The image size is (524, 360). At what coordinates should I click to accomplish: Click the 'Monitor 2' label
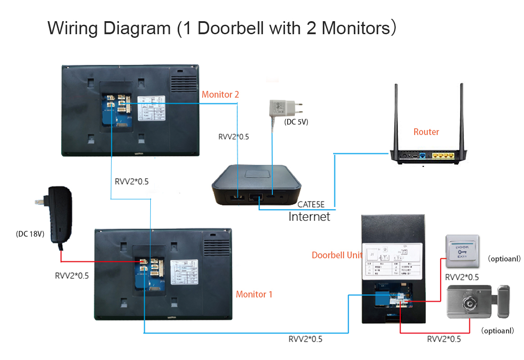220,94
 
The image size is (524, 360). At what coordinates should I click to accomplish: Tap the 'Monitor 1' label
254,294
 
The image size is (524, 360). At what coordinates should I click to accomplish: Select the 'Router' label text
426,132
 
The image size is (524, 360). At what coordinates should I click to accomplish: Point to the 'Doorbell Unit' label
337,255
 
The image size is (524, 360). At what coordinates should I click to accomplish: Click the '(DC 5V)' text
296,121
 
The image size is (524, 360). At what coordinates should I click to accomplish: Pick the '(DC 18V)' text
30,234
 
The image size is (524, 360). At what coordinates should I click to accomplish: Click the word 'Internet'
309,217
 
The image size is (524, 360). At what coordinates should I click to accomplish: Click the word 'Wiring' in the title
72,28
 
